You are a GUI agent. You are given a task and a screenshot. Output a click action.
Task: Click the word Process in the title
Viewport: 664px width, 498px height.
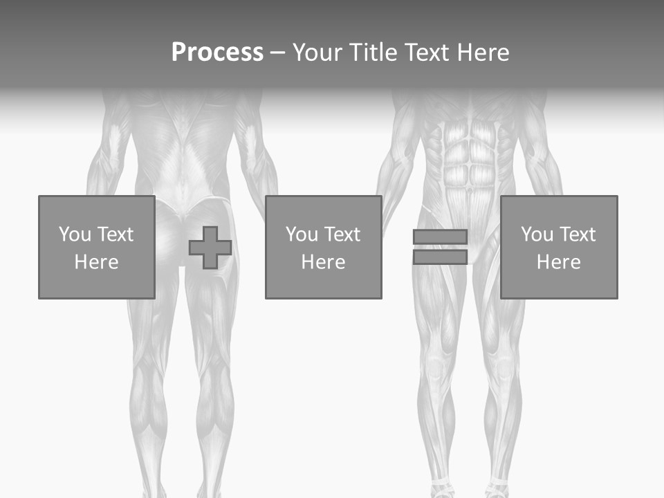[x=217, y=53]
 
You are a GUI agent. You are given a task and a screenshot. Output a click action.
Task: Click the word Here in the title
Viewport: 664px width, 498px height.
[x=485, y=53]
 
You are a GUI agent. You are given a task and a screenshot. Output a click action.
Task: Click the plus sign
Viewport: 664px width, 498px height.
[x=210, y=248]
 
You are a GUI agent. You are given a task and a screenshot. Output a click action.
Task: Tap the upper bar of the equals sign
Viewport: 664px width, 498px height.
[x=440, y=237]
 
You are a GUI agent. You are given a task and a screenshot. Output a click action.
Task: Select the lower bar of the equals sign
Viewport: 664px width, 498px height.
[x=440, y=257]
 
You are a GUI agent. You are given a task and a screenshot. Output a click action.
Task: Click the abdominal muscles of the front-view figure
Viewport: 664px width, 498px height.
[x=470, y=163]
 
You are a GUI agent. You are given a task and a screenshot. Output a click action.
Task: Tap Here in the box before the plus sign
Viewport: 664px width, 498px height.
[x=96, y=262]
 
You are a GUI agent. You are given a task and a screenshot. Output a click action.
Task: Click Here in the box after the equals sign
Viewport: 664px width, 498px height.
[x=558, y=262]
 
